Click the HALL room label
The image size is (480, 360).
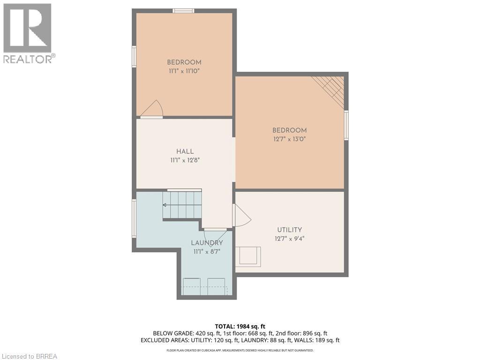[x=185, y=151]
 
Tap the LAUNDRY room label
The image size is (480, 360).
[x=207, y=243]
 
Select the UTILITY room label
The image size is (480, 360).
[x=290, y=230]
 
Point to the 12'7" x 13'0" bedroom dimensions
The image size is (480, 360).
[x=290, y=139]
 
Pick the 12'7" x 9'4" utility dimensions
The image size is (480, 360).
[x=290, y=239]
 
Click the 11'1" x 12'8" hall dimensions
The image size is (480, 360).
[x=185, y=160]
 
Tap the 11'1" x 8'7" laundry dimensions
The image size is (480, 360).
[x=207, y=252]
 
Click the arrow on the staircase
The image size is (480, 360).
[x=182, y=205]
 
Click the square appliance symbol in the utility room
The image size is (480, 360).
[x=248, y=256]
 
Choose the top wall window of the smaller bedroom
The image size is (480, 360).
[x=183, y=11]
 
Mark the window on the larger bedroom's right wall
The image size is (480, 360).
[x=346, y=125]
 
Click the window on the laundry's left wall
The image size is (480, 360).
[x=134, y=218]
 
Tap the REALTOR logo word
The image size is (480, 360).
[x=28, y=59]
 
